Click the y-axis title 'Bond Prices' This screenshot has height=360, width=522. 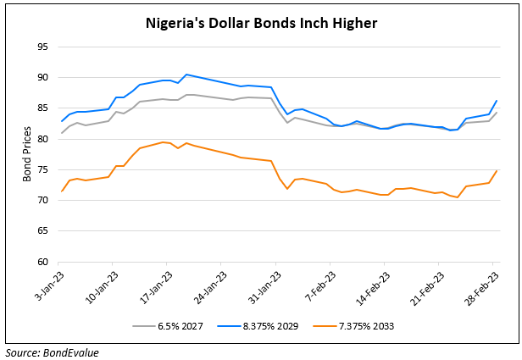click(28, 154)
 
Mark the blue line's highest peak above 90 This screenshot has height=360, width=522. click(186, 75)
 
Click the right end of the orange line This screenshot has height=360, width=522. click(497, 170)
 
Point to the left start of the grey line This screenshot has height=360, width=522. click(62, 133)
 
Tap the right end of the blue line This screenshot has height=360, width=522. click(497, 101)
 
